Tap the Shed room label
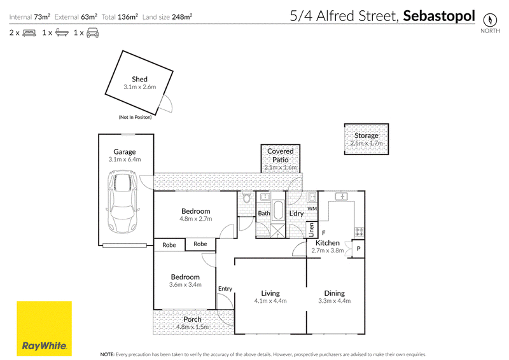[139, 80]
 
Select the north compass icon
[490, 20]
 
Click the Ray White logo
[44, 328]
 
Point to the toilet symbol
[246, 198]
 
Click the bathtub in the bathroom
[278, 211]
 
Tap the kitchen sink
[342, 197]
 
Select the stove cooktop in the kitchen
[359, 232]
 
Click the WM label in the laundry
[312, 209]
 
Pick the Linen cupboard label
[311, 230]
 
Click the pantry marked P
[358, 249]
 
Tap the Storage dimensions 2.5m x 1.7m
[366, 143]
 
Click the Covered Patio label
[281, 155]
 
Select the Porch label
[193, 319]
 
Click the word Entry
[225, 289]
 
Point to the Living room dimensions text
[270, 301]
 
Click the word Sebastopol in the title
[439, 16]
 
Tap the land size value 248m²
[182, 17]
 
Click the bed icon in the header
[29, 33]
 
